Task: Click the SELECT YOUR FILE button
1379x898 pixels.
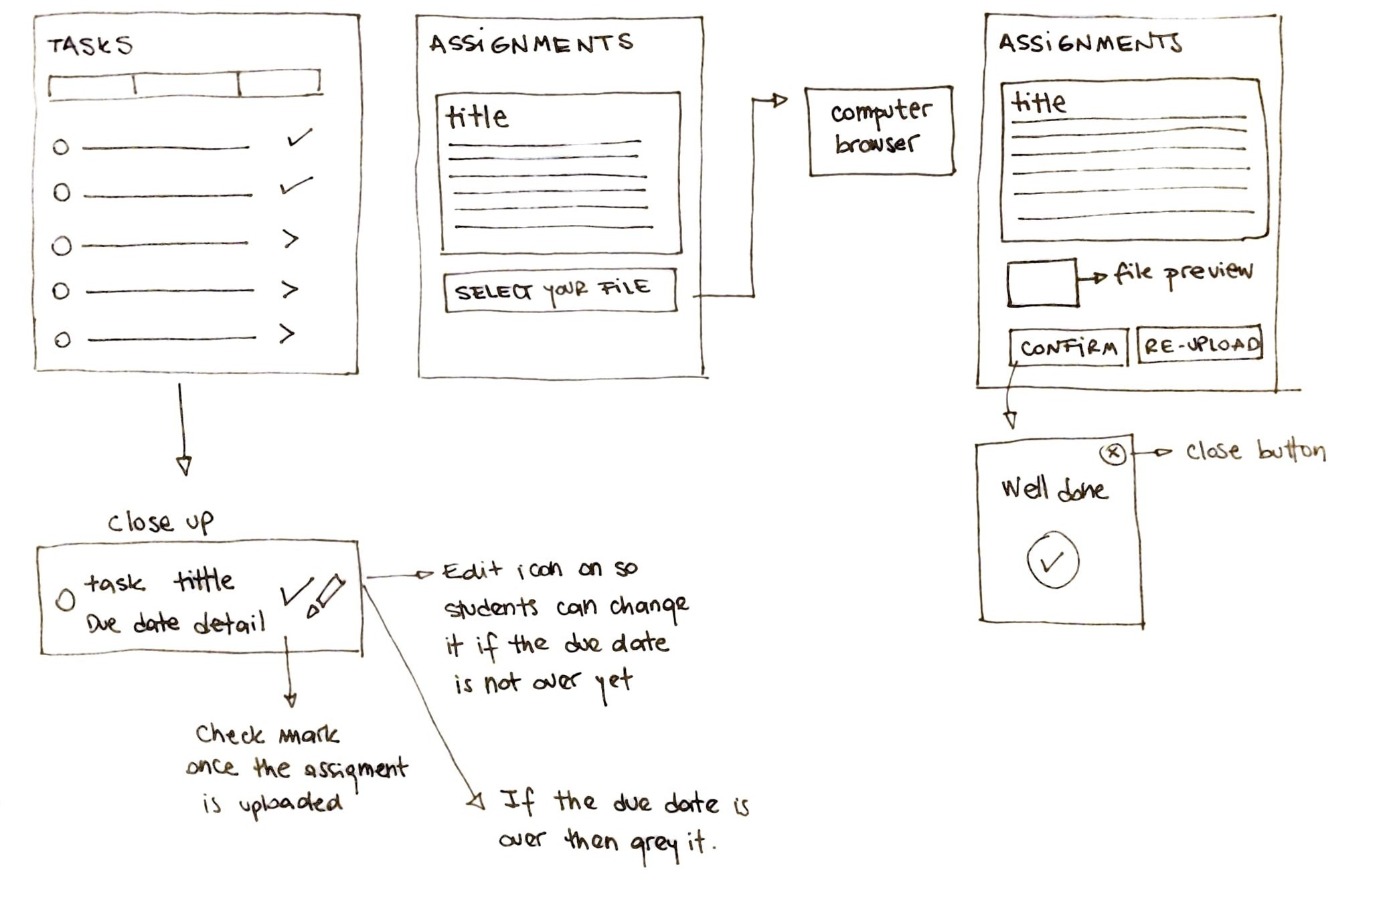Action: (560, 290)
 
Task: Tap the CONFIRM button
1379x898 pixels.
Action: (1068, 347)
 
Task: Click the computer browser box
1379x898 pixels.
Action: (880, 130)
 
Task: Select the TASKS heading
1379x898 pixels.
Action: (90, 46)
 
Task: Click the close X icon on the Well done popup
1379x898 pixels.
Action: (1113, 453)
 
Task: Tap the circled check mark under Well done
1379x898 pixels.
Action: (1052, 560)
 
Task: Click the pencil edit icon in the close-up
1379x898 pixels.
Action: (326, 596)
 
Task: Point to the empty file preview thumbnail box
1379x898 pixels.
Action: (1042, 282)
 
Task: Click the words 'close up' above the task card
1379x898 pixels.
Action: (161, 522)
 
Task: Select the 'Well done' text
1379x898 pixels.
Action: (1054, 489)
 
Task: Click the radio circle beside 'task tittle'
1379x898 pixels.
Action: (65, 600)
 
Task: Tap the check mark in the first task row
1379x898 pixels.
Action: (299, 137)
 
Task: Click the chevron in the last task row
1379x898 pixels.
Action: (287, 333)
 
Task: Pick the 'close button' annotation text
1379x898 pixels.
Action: (1256, 451)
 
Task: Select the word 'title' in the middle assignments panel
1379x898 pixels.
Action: (477, 117)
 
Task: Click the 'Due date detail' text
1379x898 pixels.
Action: (175, 624)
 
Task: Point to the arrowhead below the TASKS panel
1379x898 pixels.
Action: (184, 465)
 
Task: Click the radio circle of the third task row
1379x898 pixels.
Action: (62, 246)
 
